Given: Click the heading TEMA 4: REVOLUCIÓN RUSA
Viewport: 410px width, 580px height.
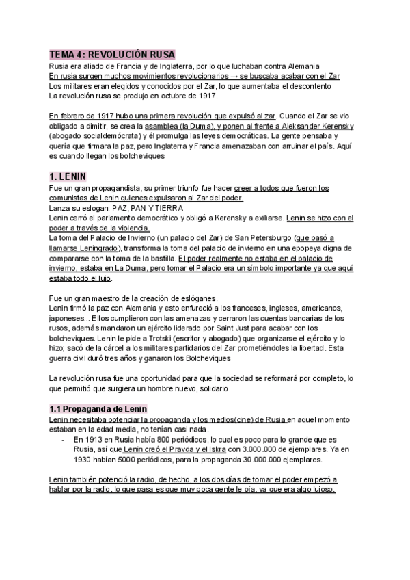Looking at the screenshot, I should click(113, 54).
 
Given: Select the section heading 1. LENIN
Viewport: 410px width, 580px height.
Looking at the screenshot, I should click(72, 176).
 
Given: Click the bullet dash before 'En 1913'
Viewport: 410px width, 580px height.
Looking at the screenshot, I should click(63, 439).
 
